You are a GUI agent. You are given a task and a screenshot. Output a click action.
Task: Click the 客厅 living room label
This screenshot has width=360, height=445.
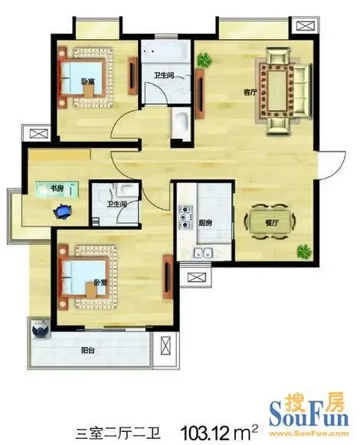click(x=250, y=92)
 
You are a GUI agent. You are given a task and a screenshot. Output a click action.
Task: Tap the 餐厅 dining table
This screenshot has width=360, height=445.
click(x=271, y=222)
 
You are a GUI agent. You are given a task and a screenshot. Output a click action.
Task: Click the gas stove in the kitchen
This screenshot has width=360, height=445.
click(x=185, y=218)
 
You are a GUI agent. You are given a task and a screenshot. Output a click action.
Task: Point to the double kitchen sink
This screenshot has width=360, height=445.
click(x=203, y=252)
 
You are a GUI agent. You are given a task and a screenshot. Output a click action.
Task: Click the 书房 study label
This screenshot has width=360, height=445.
click(x=57, y=188)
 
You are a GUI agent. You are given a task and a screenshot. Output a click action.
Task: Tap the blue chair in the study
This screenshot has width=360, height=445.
click(x=63, y=211)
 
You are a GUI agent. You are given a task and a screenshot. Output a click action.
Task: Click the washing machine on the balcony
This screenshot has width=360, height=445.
click(x=41, y=329)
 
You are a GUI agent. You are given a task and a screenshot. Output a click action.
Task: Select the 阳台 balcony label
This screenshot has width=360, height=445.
click(x=88, y=350)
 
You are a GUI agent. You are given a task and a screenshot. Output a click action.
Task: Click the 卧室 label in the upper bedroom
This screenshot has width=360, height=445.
click(x=88, y=82)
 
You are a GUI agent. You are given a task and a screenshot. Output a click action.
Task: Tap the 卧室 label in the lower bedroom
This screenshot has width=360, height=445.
click(x=100, y=283)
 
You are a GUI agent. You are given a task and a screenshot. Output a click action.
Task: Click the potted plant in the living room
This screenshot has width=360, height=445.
click(x=205, y=60)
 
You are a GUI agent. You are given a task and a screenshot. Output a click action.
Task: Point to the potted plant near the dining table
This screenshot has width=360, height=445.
click(x=304, y=251)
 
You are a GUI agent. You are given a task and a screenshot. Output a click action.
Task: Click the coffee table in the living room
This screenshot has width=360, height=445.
click(x=277, y=91)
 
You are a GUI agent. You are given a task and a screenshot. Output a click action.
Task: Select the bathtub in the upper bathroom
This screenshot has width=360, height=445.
click(x=165, y=51)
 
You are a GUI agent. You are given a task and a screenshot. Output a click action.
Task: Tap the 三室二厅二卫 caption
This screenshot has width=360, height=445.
click(x=119, y=434)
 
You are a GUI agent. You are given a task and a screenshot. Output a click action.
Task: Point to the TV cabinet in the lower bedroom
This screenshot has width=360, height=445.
click(x=168, y=276)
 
